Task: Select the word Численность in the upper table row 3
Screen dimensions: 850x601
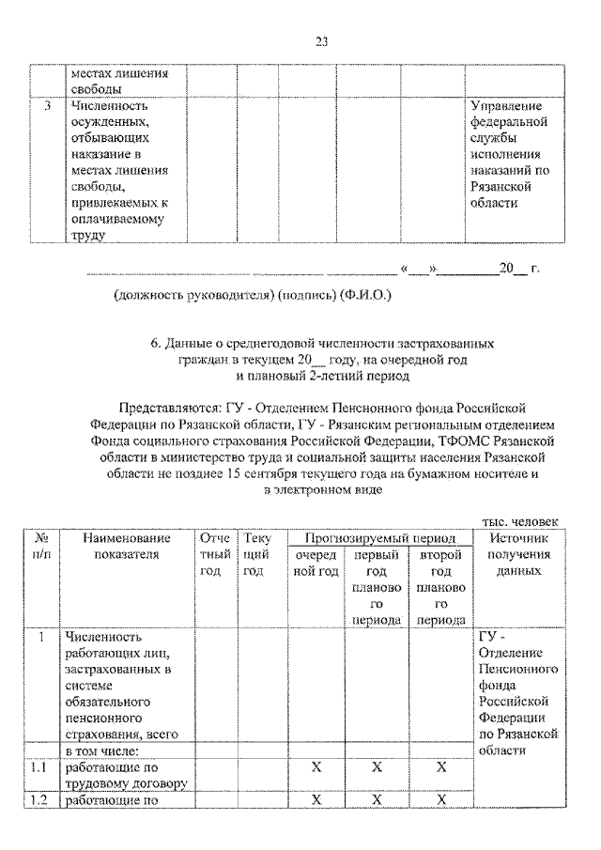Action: [105, 106]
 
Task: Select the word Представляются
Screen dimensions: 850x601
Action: [168, 408]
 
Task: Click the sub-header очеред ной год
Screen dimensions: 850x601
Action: [316, 563]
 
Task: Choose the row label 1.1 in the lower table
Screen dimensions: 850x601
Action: [39, 767]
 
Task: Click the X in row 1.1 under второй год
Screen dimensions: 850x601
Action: [440, 767]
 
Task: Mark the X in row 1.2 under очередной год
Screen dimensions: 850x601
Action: [316, 799]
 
